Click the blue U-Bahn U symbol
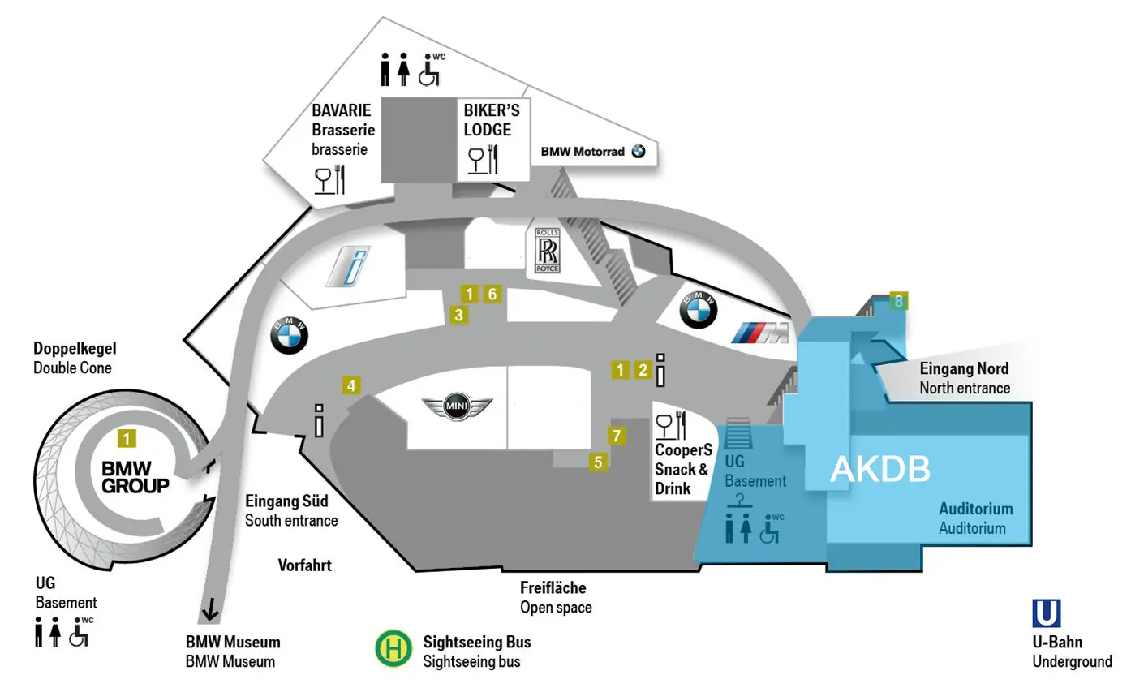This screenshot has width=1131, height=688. pyautogui.click(x=1046, y=613)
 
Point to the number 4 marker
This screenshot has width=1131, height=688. pyautogui.click(x=350, y=386)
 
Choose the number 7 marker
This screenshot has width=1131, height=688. pyautogui.click(x=616, y=436)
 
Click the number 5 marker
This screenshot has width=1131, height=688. pyautogui.click(x=599, y=462)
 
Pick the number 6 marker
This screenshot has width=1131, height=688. pyautogui.click(x=492, y=294)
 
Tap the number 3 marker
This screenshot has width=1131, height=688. pyautogui.click(x=458, y=315)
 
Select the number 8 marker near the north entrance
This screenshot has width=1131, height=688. pyautogui.click(x=898, y=302)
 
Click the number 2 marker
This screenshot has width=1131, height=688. pyautogui.click(x=642, y=370)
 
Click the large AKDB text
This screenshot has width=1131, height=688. pyautogui.click(x=879, y=469)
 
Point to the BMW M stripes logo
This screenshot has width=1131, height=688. pyautogui.click(x=759, y=333)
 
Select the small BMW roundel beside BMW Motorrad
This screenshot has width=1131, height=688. pyautogui.click(x=638, y=151)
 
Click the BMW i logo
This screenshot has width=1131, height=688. pyautogui.click(x=348, y=267)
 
